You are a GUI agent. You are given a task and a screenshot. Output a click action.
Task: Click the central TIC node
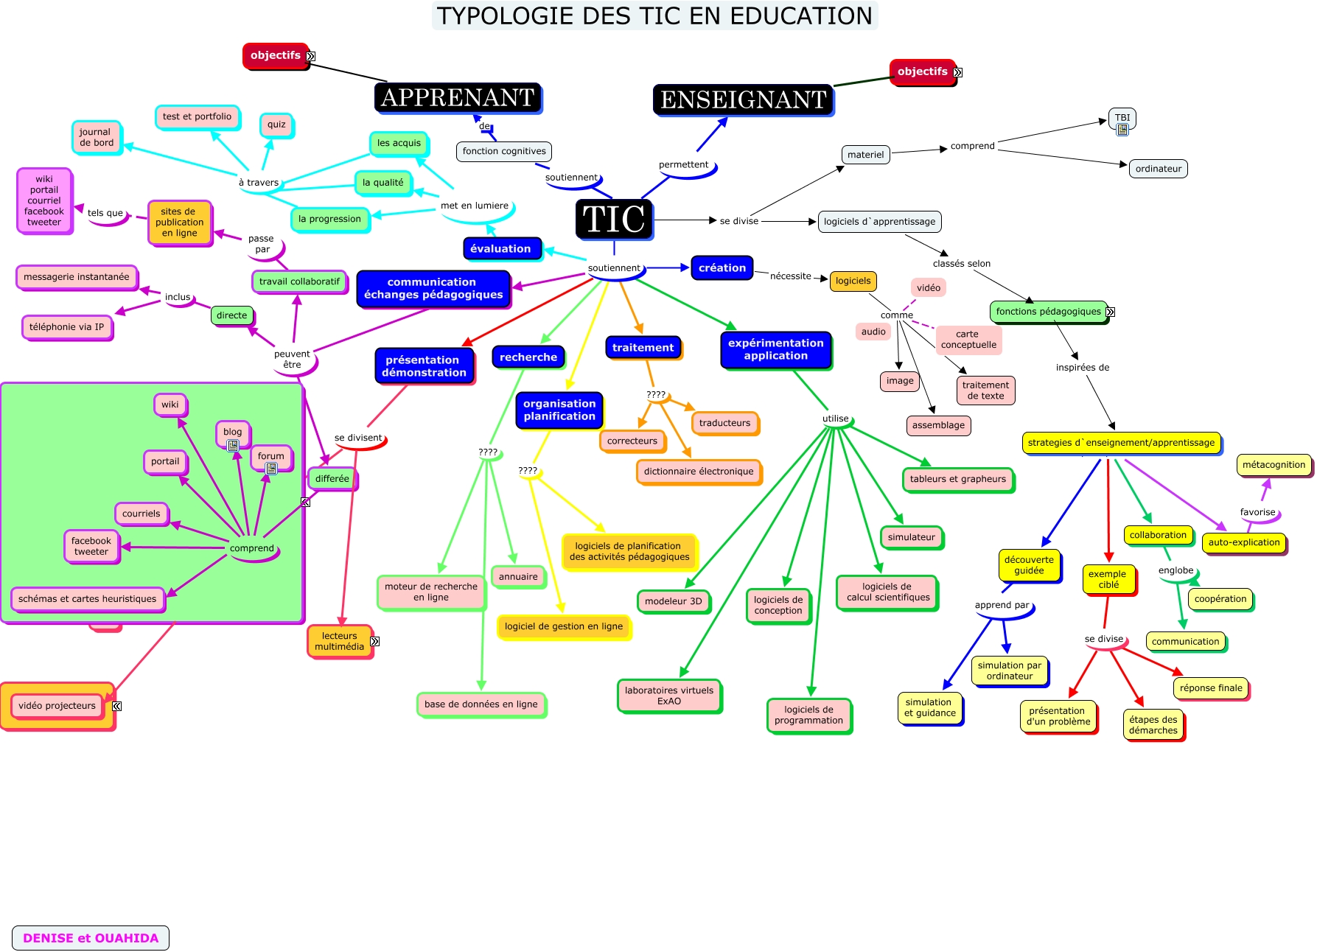(614, 219)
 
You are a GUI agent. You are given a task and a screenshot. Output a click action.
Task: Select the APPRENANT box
(458, 97)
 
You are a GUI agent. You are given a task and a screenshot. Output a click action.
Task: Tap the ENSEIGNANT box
(743, 99)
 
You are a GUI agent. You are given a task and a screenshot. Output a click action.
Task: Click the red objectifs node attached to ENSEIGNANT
(922, 71)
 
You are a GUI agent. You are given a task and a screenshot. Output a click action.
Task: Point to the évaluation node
(500, 248)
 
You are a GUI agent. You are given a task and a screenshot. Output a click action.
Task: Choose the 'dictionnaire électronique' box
(698, 471)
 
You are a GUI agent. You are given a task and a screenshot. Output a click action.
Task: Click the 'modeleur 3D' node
(673, 601)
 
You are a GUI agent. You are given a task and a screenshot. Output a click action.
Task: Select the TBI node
(1122, 117)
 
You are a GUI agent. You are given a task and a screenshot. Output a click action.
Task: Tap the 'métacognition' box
(1274, 464)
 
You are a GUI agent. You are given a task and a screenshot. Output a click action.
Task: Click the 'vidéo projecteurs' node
(57, 705)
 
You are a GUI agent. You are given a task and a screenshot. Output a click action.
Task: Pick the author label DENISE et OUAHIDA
(91, 938)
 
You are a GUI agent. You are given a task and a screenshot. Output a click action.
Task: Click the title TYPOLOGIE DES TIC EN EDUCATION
(654, 15)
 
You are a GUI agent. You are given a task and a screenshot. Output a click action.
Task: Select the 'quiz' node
(276, 125)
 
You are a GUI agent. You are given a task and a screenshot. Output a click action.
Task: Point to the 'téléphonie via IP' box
(66, 326)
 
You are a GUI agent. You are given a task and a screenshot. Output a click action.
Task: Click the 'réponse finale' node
(1210, 687)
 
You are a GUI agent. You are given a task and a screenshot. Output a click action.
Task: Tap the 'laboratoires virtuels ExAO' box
(668, 696)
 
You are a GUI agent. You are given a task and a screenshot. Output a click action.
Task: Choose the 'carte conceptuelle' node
(968, 339)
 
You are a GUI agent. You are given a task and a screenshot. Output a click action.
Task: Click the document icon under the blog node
(233, 446)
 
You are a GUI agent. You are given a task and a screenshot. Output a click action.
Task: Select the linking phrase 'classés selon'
(961, 263)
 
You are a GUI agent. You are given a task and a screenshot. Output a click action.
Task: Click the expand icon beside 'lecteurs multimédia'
(374, 642)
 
